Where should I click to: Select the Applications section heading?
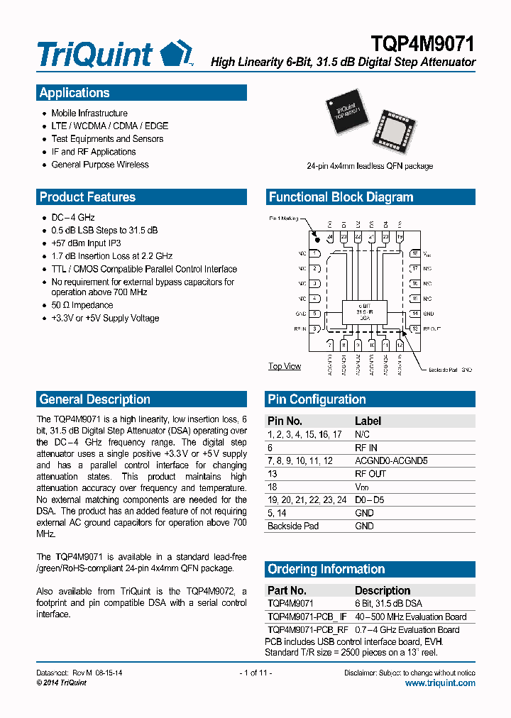[75, 93]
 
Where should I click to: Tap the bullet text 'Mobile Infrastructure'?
[89, 114]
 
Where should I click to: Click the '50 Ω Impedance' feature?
[82, 305]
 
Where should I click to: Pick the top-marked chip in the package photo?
[347, 114]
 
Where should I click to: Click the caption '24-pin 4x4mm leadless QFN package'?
[370, 166]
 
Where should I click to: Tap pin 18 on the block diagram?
[414, 253]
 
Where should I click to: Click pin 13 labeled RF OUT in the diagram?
[414, 328]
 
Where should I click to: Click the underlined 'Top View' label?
[285, 366]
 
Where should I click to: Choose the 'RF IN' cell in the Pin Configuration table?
[366, 448]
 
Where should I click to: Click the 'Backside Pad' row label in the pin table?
[293, 526]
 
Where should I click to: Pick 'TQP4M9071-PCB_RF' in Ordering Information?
[308, 629]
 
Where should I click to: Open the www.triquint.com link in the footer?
[440, 683]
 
